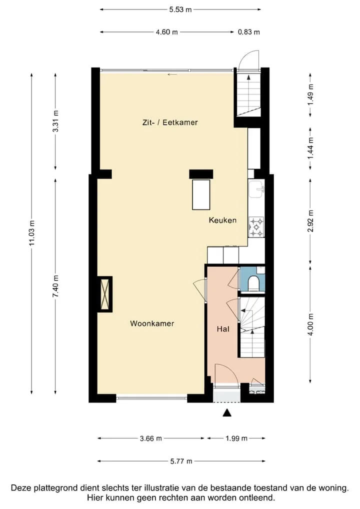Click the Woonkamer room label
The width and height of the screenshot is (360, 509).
[152, 323]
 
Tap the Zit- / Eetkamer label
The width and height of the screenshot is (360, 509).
[170, 122]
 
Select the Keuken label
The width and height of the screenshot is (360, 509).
[222, 220]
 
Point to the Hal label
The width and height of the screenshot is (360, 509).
[223, 329]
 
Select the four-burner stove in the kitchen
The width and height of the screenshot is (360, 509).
[256, 227]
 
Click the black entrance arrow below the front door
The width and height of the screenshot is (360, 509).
[227, 412]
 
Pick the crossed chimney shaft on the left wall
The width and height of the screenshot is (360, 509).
[105, 294]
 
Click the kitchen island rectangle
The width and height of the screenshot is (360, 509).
[201, 194]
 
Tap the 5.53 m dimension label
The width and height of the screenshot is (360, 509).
[180, 9]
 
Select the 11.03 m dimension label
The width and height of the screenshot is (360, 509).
[32, 233]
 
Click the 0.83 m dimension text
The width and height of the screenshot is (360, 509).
[248, 32]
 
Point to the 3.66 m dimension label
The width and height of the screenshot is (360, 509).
[150, 438]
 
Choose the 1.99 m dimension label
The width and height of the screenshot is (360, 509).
[236, 438]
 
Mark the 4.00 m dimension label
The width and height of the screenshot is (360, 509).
[310, 325]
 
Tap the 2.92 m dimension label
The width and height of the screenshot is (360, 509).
[310, 221]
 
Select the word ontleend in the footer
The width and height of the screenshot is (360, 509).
[257, 497]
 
